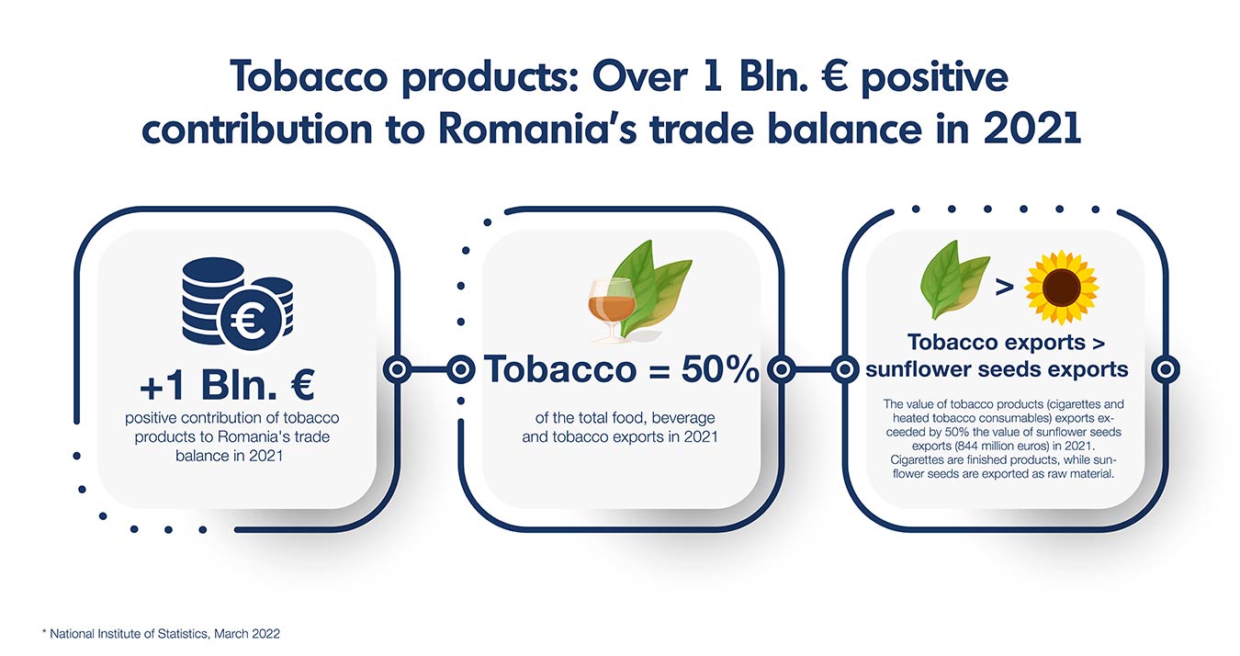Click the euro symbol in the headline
[834, 77]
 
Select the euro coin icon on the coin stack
[250, 320]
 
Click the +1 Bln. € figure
[227, 384]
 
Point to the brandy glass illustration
[611, 309]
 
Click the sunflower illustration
[1061, 288]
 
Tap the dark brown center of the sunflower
[1061, 288]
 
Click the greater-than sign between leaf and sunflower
[1004, 287]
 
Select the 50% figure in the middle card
[719, 369]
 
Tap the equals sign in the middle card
[659, 370]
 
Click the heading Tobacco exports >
[1006, 343]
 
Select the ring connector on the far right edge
[1166, 369]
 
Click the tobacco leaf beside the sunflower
[953, 279]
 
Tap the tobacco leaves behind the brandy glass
[652, 288]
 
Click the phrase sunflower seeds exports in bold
[997, 369]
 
